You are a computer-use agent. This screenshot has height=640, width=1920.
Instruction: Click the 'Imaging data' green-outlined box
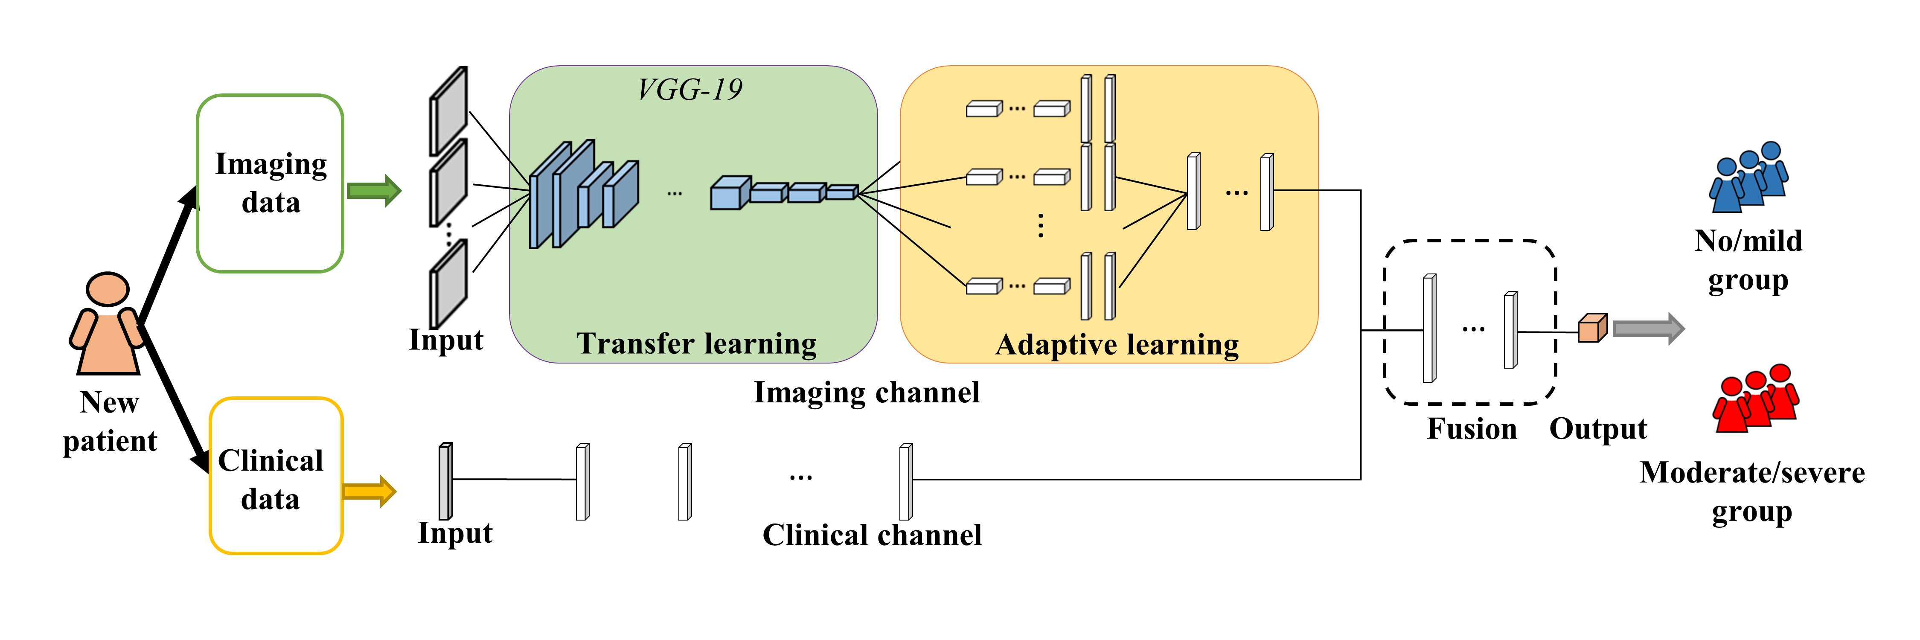(x=270, y=183)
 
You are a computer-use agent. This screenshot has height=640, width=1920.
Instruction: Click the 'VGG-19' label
(x=690, y=90)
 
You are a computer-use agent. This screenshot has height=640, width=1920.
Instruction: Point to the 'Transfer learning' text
(x=696, y=343)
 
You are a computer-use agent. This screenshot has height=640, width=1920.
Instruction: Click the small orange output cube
(x=1592, y=328)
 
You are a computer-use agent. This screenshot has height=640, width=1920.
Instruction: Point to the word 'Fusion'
(x=1471, y=429)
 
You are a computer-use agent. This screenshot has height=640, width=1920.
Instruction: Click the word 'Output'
(x=1598, y=429)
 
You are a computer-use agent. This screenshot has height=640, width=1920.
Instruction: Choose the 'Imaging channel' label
(x=866, y=393)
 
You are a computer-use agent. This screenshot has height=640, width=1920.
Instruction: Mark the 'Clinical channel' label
(x=871, y=535)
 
